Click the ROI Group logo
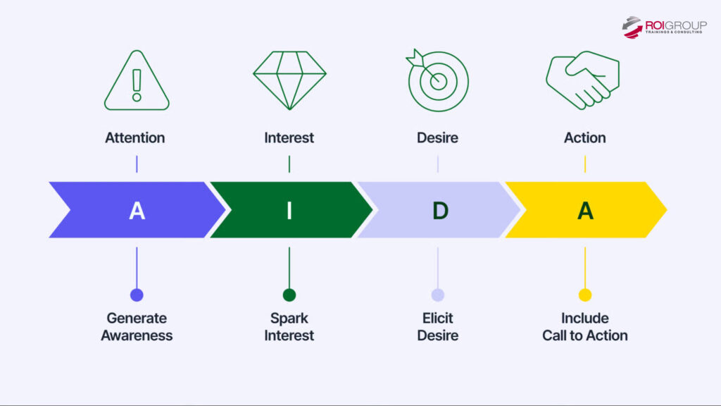(x=664, y=27)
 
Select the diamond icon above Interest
(x=289, y=80)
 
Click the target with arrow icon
(x=437, y=80)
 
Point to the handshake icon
(x=583, y=79)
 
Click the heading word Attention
(x=135, y=137)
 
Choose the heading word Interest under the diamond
(x=289, y=137)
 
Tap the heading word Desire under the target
(x=437, y=137)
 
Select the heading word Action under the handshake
(x=584, y=137)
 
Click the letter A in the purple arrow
(x=137, y=210)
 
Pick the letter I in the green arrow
(x=289, y=210)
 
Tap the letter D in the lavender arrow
(x=439, y=210)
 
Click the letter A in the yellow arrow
(x=585, y=210)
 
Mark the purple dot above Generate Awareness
(x=137, y=295)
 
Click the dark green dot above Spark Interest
(x=289, y=295)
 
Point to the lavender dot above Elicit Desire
(x=438, y=295)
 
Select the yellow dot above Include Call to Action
(x=585, y=295)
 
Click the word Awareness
(x=137, y=336)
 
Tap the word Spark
(x=289, y=318)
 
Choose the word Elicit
(x=438, y=318)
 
